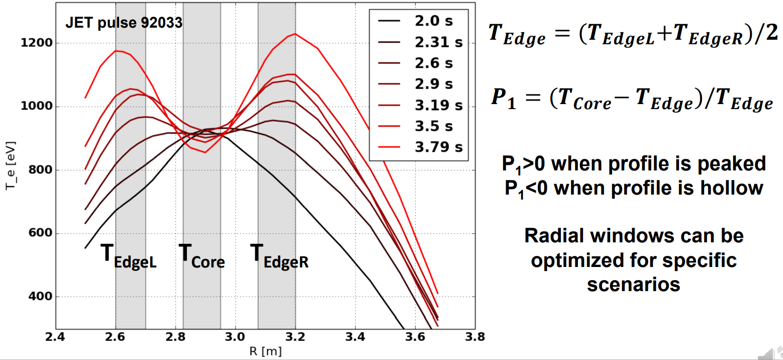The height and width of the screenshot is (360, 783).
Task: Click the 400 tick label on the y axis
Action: click(x=39, y=297)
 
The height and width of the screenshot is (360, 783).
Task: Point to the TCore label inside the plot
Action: click(x=202, y=256)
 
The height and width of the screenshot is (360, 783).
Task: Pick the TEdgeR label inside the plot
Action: click(x=279, y=256)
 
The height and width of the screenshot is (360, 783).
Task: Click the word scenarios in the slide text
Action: click(x=634, y=284)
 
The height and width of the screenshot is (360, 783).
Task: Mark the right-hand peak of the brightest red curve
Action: click(x=295, y=34)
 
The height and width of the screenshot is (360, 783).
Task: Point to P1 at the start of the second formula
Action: click(x=503, y=97)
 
